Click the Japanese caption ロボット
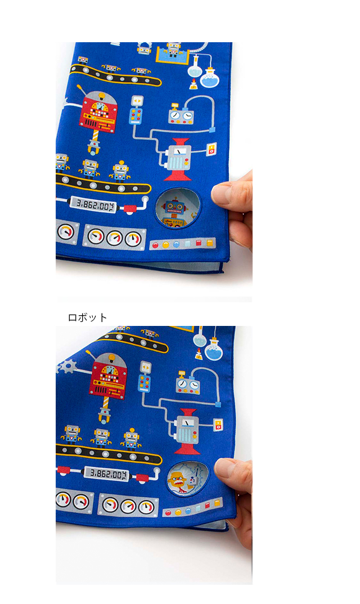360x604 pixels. coord(87,317)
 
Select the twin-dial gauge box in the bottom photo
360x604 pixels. coord(190,384)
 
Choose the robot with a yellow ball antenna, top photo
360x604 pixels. coord(120,168)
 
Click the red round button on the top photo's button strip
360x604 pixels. coord(156,245)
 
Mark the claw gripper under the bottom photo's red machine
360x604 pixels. coord(103,415)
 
